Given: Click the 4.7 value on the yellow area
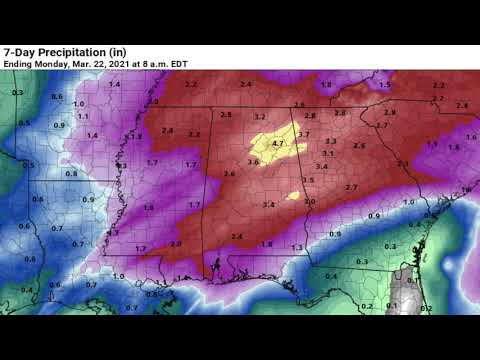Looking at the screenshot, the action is click(278, 144).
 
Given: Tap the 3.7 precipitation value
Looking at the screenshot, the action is click(304, 134).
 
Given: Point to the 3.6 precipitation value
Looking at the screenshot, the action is click(252, 162).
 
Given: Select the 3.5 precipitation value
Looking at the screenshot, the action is click(308, 180).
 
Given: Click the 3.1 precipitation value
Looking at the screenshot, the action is click(327, 154).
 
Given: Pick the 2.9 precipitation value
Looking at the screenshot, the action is click(390, 113).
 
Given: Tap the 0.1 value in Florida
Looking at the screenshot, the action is click(393, 305).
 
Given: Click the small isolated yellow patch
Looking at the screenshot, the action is click(292, 195).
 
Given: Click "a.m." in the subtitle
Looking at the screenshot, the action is click(163, 64).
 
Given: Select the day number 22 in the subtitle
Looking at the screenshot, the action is click(104, 64).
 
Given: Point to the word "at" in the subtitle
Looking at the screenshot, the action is click(140, 64).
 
